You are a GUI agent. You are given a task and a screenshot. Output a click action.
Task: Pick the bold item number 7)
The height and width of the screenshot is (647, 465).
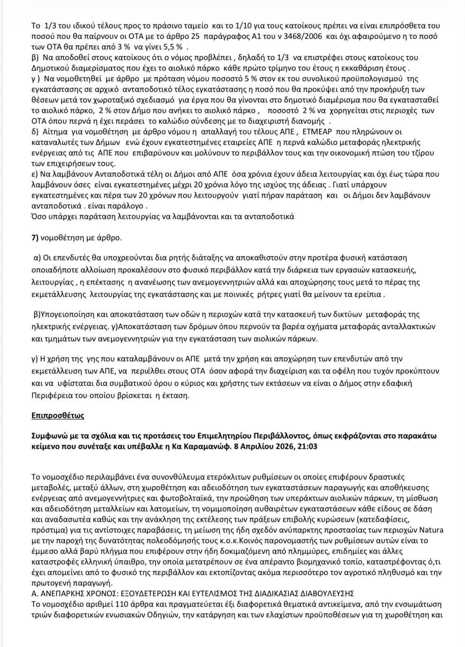pos(35,238)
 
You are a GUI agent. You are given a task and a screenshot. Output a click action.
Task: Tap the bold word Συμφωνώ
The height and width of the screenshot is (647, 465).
pos(47,435)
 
